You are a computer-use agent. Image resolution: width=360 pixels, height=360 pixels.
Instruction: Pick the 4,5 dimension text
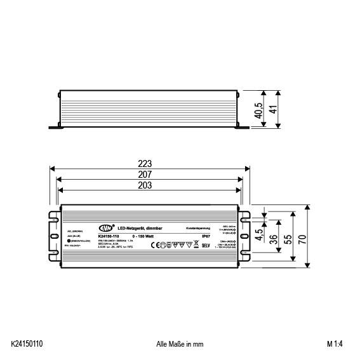pyautogui.click(x=259, y=233)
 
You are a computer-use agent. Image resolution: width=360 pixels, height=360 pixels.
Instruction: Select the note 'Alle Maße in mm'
pyautogui.click(x=180, y=344)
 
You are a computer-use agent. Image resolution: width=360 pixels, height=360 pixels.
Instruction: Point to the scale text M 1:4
pyautogui.click(x=337, y=344)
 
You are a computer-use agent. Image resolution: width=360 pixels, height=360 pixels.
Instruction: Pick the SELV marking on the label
pyautogui.click(x=205, y=245)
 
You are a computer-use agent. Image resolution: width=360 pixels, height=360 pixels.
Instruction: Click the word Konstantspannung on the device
pyautogui.click(x=198, y=228)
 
